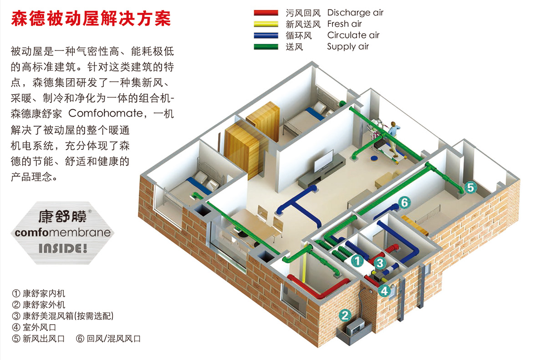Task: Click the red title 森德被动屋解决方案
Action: (x=91, y=19)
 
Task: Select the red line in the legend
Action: (x=266, y=13)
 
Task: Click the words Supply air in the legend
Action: (x=348, y=46)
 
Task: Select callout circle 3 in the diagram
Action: (x=381, y=263)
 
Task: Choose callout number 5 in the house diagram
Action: (x=470, y=187)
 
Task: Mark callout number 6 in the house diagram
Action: (x=404, y=203)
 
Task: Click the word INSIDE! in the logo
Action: (x=62, y=249)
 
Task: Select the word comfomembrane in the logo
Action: (x=62, y=233)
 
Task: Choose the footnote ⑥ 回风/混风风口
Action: (x=108, y=339)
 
